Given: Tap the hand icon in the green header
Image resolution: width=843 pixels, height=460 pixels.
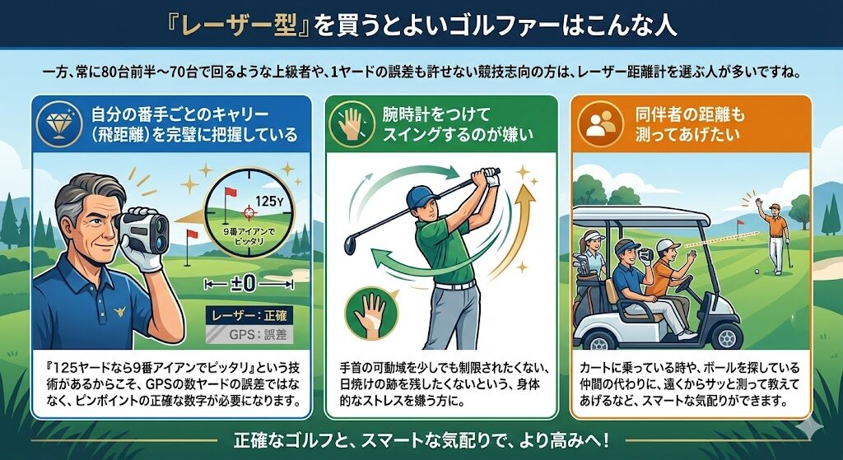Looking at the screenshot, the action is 351,124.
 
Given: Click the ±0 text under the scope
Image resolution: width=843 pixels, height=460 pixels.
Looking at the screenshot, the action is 249,283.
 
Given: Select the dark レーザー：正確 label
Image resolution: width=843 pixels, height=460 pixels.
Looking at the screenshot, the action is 249,315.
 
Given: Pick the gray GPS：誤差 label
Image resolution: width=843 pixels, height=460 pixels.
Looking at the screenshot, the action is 250,334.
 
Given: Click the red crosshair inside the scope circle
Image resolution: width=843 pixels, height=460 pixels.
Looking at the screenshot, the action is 249,212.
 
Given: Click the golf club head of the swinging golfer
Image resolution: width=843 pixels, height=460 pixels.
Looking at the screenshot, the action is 350,244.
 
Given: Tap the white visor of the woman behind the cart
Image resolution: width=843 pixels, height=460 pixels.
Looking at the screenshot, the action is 593,236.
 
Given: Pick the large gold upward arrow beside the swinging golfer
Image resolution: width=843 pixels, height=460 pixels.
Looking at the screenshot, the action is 513,231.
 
